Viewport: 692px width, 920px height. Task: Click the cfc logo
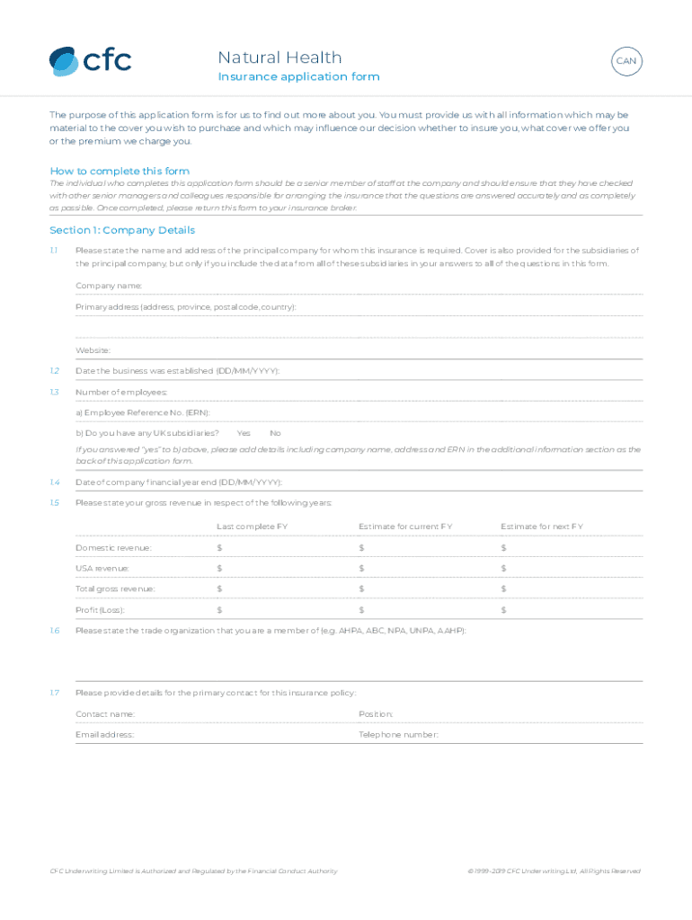(x=90, y=61)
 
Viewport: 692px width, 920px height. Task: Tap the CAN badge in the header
(x=625, y=61)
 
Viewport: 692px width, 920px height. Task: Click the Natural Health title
(x=279, y=57)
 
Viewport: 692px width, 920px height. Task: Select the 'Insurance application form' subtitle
(x=298, y=77)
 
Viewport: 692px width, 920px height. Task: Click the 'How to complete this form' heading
(x=120, y=171)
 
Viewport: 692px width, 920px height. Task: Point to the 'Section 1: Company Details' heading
(x=122, y=230)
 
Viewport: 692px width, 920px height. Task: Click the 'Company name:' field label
(x=109, y=286)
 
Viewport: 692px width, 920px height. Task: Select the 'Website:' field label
(x=93, y=350)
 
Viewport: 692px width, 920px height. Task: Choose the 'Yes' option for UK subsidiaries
(x=244, y=433)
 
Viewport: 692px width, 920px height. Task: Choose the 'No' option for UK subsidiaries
(x=275, y=433)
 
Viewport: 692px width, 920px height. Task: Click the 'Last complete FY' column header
(x=252, y=526)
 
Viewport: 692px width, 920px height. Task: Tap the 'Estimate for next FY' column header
(x=542, y=526)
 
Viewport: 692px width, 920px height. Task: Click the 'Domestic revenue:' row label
(x=113, y=548)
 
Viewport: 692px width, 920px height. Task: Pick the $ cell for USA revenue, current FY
(x=361, y=569)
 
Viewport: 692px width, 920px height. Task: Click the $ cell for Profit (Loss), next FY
(x=504, y=610)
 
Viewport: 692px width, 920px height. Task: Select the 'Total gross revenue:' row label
(x=115, y=589)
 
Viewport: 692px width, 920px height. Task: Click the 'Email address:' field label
(x=105, y=735)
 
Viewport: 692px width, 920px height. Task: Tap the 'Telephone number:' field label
(x=398, y=735)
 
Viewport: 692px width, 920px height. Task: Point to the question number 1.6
(x=55, y=631)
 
